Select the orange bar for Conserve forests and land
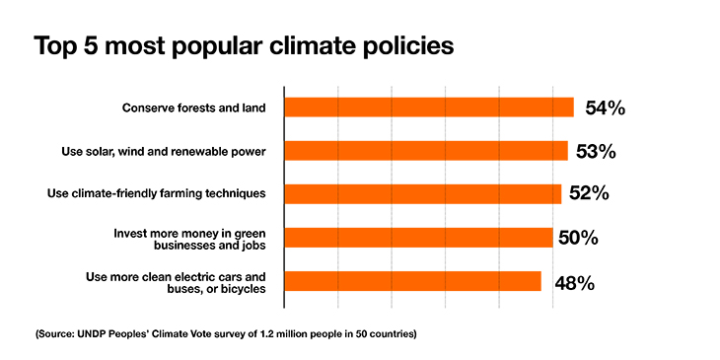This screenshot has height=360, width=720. click(x=429, y=108)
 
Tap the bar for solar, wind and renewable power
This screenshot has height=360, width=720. click(x=426, y=151)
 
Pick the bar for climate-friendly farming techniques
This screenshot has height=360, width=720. click(x=423, y=193)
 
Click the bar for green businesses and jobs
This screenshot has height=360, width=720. click(x=418, y=237)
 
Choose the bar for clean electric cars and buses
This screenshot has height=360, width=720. click(x=413, y=281)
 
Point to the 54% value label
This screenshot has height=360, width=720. click(x=604, y=108)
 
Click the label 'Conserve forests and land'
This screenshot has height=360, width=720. click(x=193, y=108)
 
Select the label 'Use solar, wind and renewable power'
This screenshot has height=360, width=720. click(x=165, y=151)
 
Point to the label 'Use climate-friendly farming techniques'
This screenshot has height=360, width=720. click(x=157, y=193)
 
